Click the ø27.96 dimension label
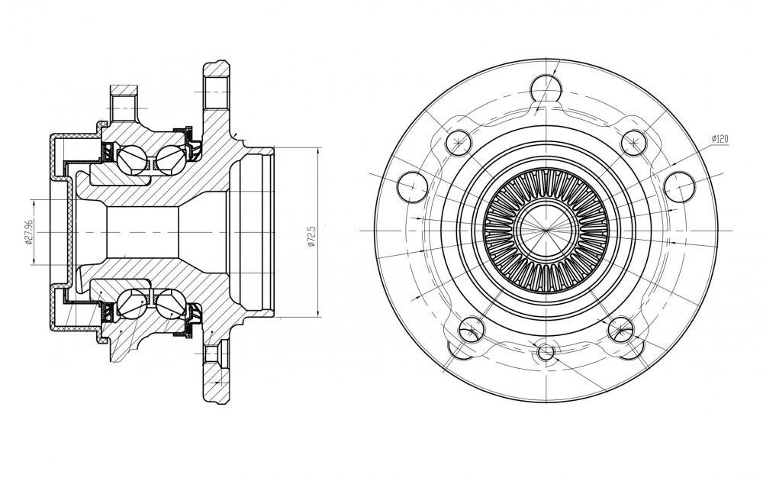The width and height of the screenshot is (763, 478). (x=28, y=231)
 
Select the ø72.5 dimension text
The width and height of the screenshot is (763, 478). (x=312, y=236)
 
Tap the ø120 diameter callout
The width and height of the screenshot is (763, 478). (x=720, y=139)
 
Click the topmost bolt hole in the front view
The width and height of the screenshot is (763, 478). (x=546, y=89)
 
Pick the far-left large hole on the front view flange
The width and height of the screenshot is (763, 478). (x=413, y=186)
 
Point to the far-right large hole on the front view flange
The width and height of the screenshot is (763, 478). (x=679, y=186)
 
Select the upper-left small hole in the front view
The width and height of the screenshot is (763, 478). (x=459, y=143)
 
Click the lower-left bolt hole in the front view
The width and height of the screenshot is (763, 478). (x=471, y=330)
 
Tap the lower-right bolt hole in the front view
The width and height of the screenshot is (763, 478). (x=621, y=330)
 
